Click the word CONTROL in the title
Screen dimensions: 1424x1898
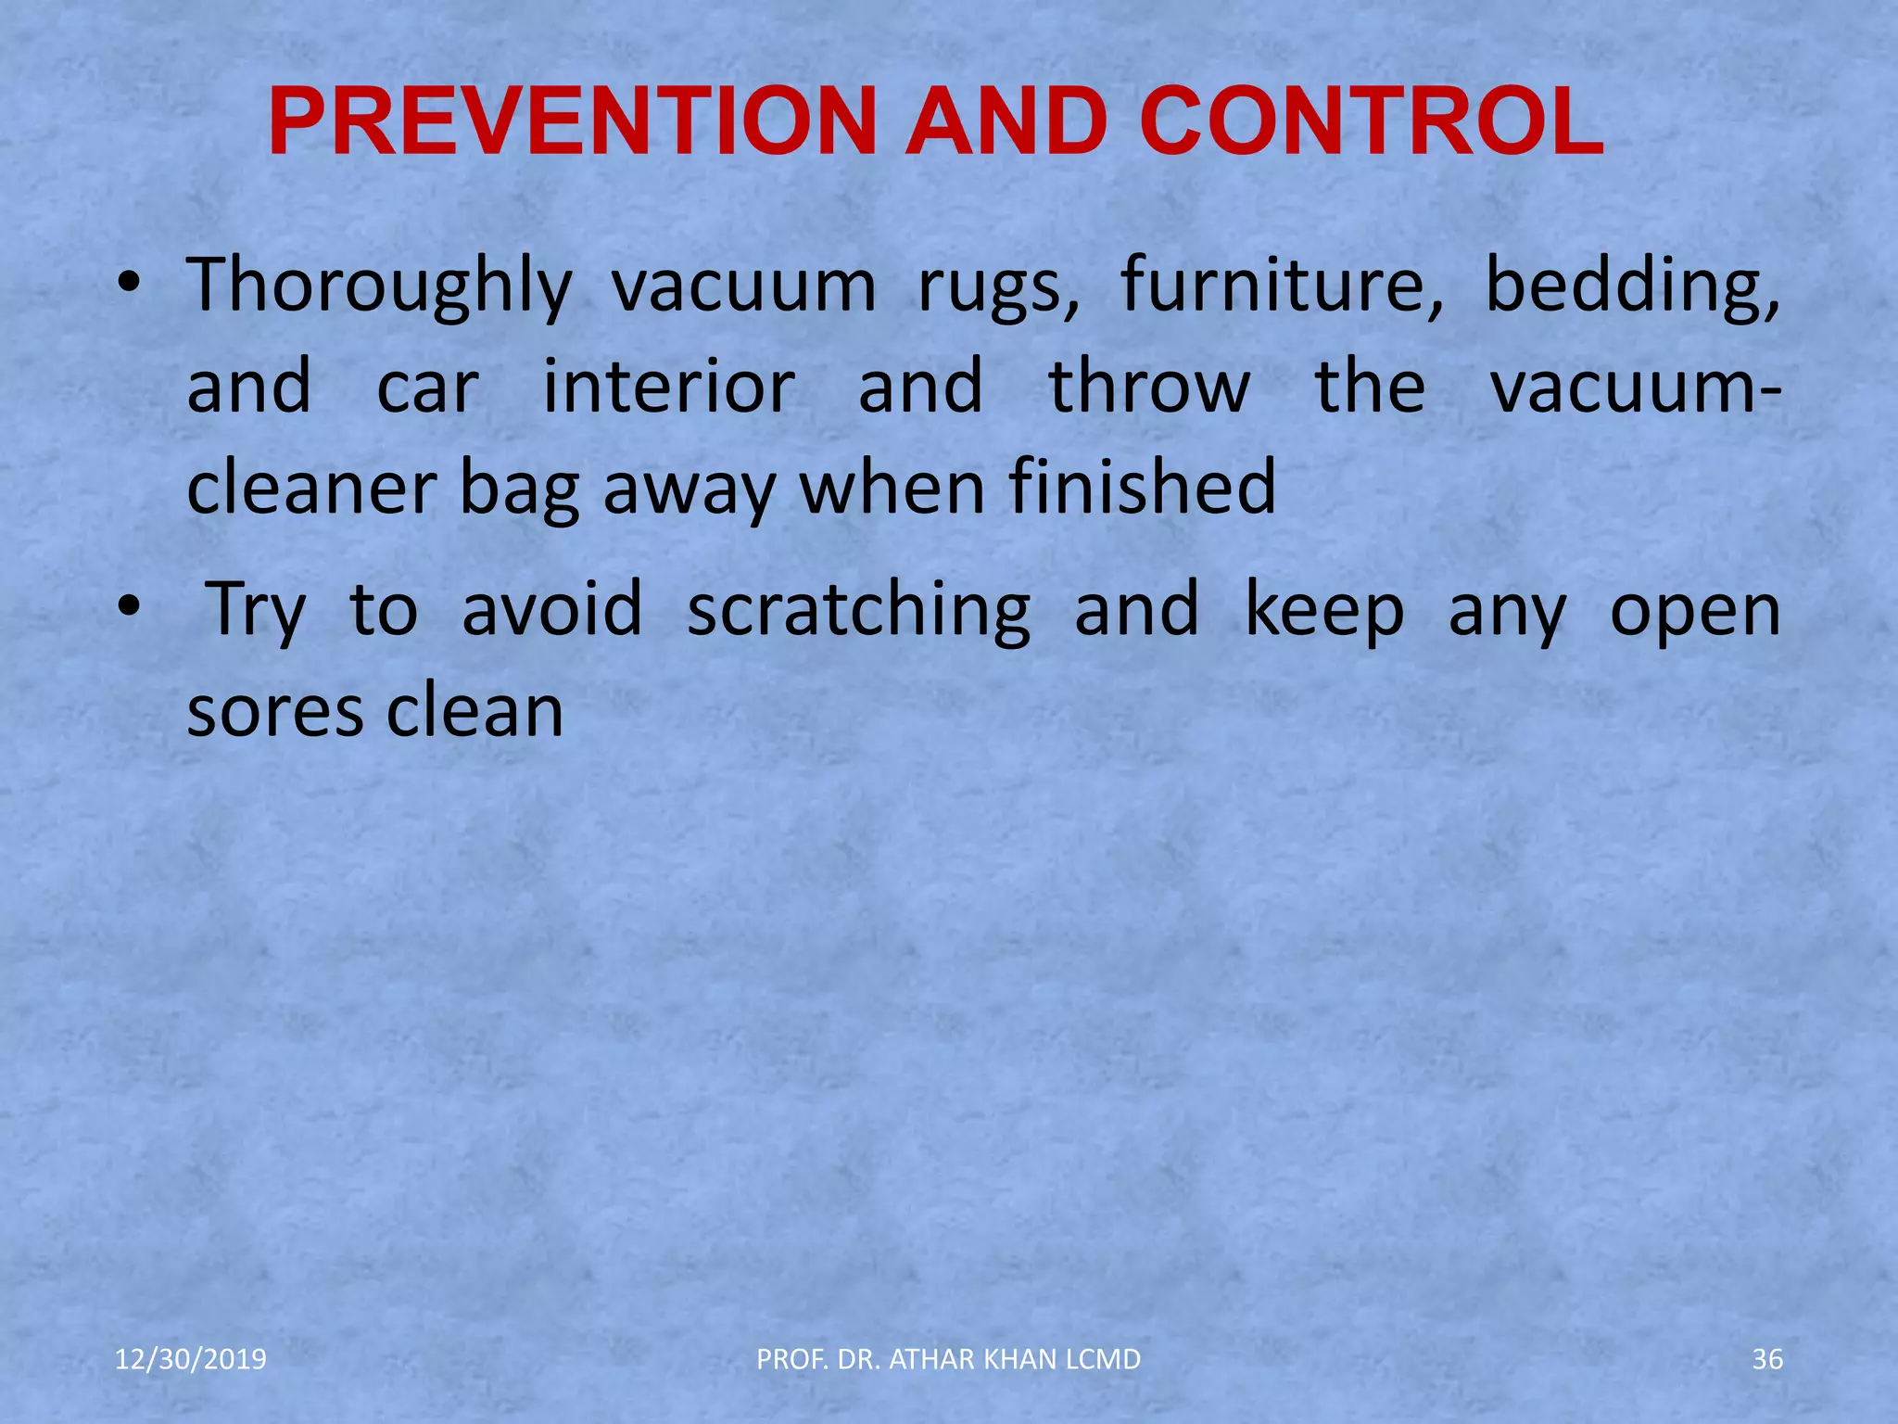(1372, 122)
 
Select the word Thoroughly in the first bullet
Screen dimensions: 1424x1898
(380, 286)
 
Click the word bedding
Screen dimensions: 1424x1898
(1632, 286)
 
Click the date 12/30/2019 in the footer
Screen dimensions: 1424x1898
(190, 1359)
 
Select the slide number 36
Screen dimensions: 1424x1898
(1767, 1359)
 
